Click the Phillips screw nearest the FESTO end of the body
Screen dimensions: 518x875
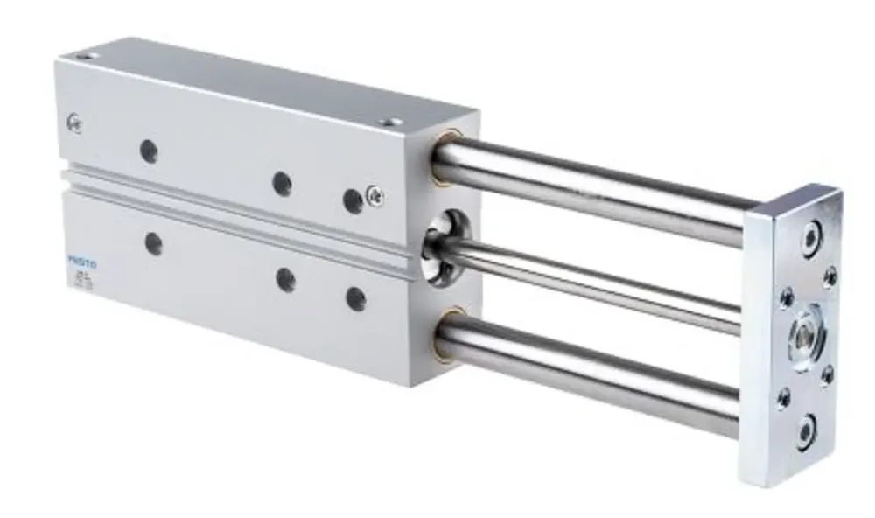[74, 124]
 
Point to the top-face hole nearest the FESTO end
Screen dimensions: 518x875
[83, 57]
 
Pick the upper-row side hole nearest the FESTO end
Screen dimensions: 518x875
[150, 151]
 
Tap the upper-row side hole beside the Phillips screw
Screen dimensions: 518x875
[353, 201]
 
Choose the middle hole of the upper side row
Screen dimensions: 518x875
[282, 184]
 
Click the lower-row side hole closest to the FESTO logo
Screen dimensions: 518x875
[154, 244]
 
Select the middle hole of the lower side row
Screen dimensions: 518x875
[285, 280]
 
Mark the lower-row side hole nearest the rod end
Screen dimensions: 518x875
[355, 299]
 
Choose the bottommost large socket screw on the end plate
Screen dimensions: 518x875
[806, 431]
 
